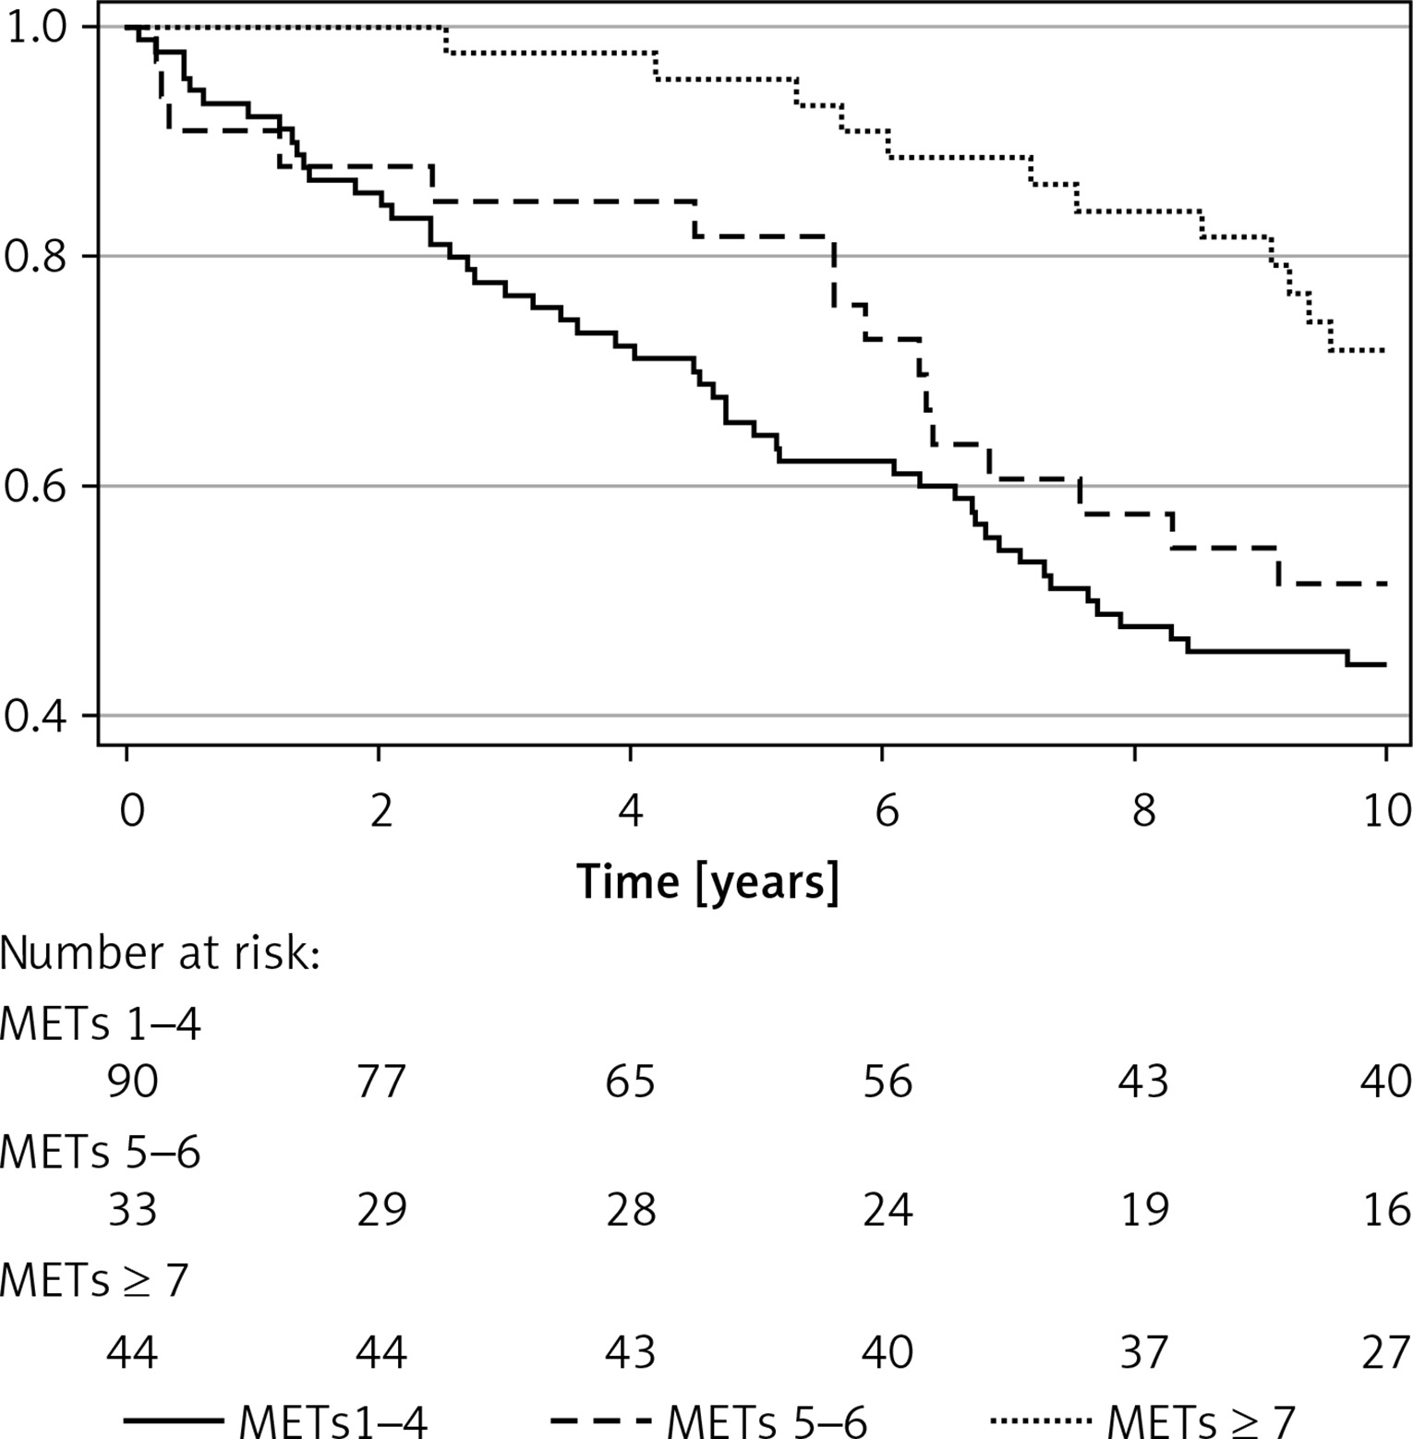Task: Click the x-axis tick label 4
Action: tap(631, 811)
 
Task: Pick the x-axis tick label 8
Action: tap(1143, 811)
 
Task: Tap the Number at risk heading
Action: tap(161, 952)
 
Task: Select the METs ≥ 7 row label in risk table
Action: tap(95, 1281)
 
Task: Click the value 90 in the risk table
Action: tap(132, 1081)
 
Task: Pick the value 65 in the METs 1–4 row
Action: tap(631, 1081)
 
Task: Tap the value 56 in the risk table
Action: tap(888, 1081)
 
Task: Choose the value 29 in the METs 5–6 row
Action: tap(381, 1209)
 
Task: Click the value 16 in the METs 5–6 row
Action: tap(1385, 1209)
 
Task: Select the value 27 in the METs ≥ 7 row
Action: tap(1385, 1353)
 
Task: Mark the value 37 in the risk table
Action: tap(1143, 1353)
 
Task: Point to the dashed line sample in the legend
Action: tap(600, 1420)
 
